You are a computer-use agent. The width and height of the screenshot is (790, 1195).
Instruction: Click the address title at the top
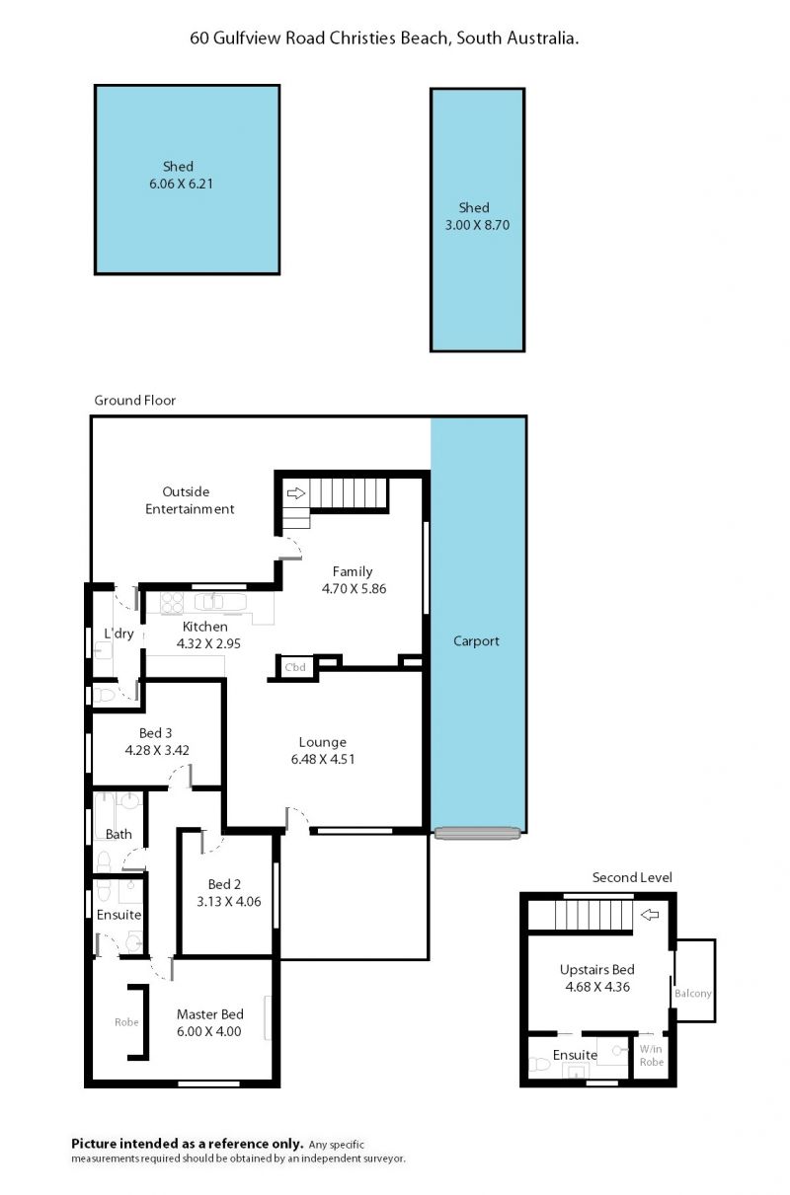point(384,38)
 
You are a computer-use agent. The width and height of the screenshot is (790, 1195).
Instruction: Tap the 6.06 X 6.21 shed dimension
point(181,184)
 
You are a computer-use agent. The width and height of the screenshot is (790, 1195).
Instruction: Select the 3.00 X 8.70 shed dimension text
point(477,225)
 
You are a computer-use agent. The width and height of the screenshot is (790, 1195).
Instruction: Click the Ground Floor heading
point(135,400)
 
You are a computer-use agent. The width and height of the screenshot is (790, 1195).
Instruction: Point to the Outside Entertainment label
point(190,500)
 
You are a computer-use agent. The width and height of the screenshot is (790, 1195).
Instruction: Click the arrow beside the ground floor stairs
point(296,492)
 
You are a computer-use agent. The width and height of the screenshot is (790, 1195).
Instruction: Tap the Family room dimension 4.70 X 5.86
point(354,588)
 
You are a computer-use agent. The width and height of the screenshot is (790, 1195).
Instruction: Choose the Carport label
point(476,641)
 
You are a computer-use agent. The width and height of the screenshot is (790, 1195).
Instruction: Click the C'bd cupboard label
point(295,667)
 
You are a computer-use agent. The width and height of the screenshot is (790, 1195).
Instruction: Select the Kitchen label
point(205,627)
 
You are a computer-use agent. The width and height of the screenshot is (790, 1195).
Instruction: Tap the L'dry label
point(118,634)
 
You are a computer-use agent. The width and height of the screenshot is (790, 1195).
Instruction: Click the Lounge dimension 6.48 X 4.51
point(323,759)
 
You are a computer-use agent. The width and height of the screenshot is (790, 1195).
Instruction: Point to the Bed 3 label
point(155,732)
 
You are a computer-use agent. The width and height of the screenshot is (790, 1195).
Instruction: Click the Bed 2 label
point(224,884)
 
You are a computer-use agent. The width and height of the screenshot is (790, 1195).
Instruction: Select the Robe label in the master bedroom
point(126,1022)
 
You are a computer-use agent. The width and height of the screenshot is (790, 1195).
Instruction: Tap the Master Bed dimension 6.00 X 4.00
point(209,1030)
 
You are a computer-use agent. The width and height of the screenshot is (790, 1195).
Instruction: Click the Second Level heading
point(632,877)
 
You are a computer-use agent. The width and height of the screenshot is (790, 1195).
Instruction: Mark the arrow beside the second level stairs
point(650,915)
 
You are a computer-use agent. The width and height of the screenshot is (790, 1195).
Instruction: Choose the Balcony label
point(693,994)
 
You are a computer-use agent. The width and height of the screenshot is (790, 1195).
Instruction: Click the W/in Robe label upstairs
point(652,1055)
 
